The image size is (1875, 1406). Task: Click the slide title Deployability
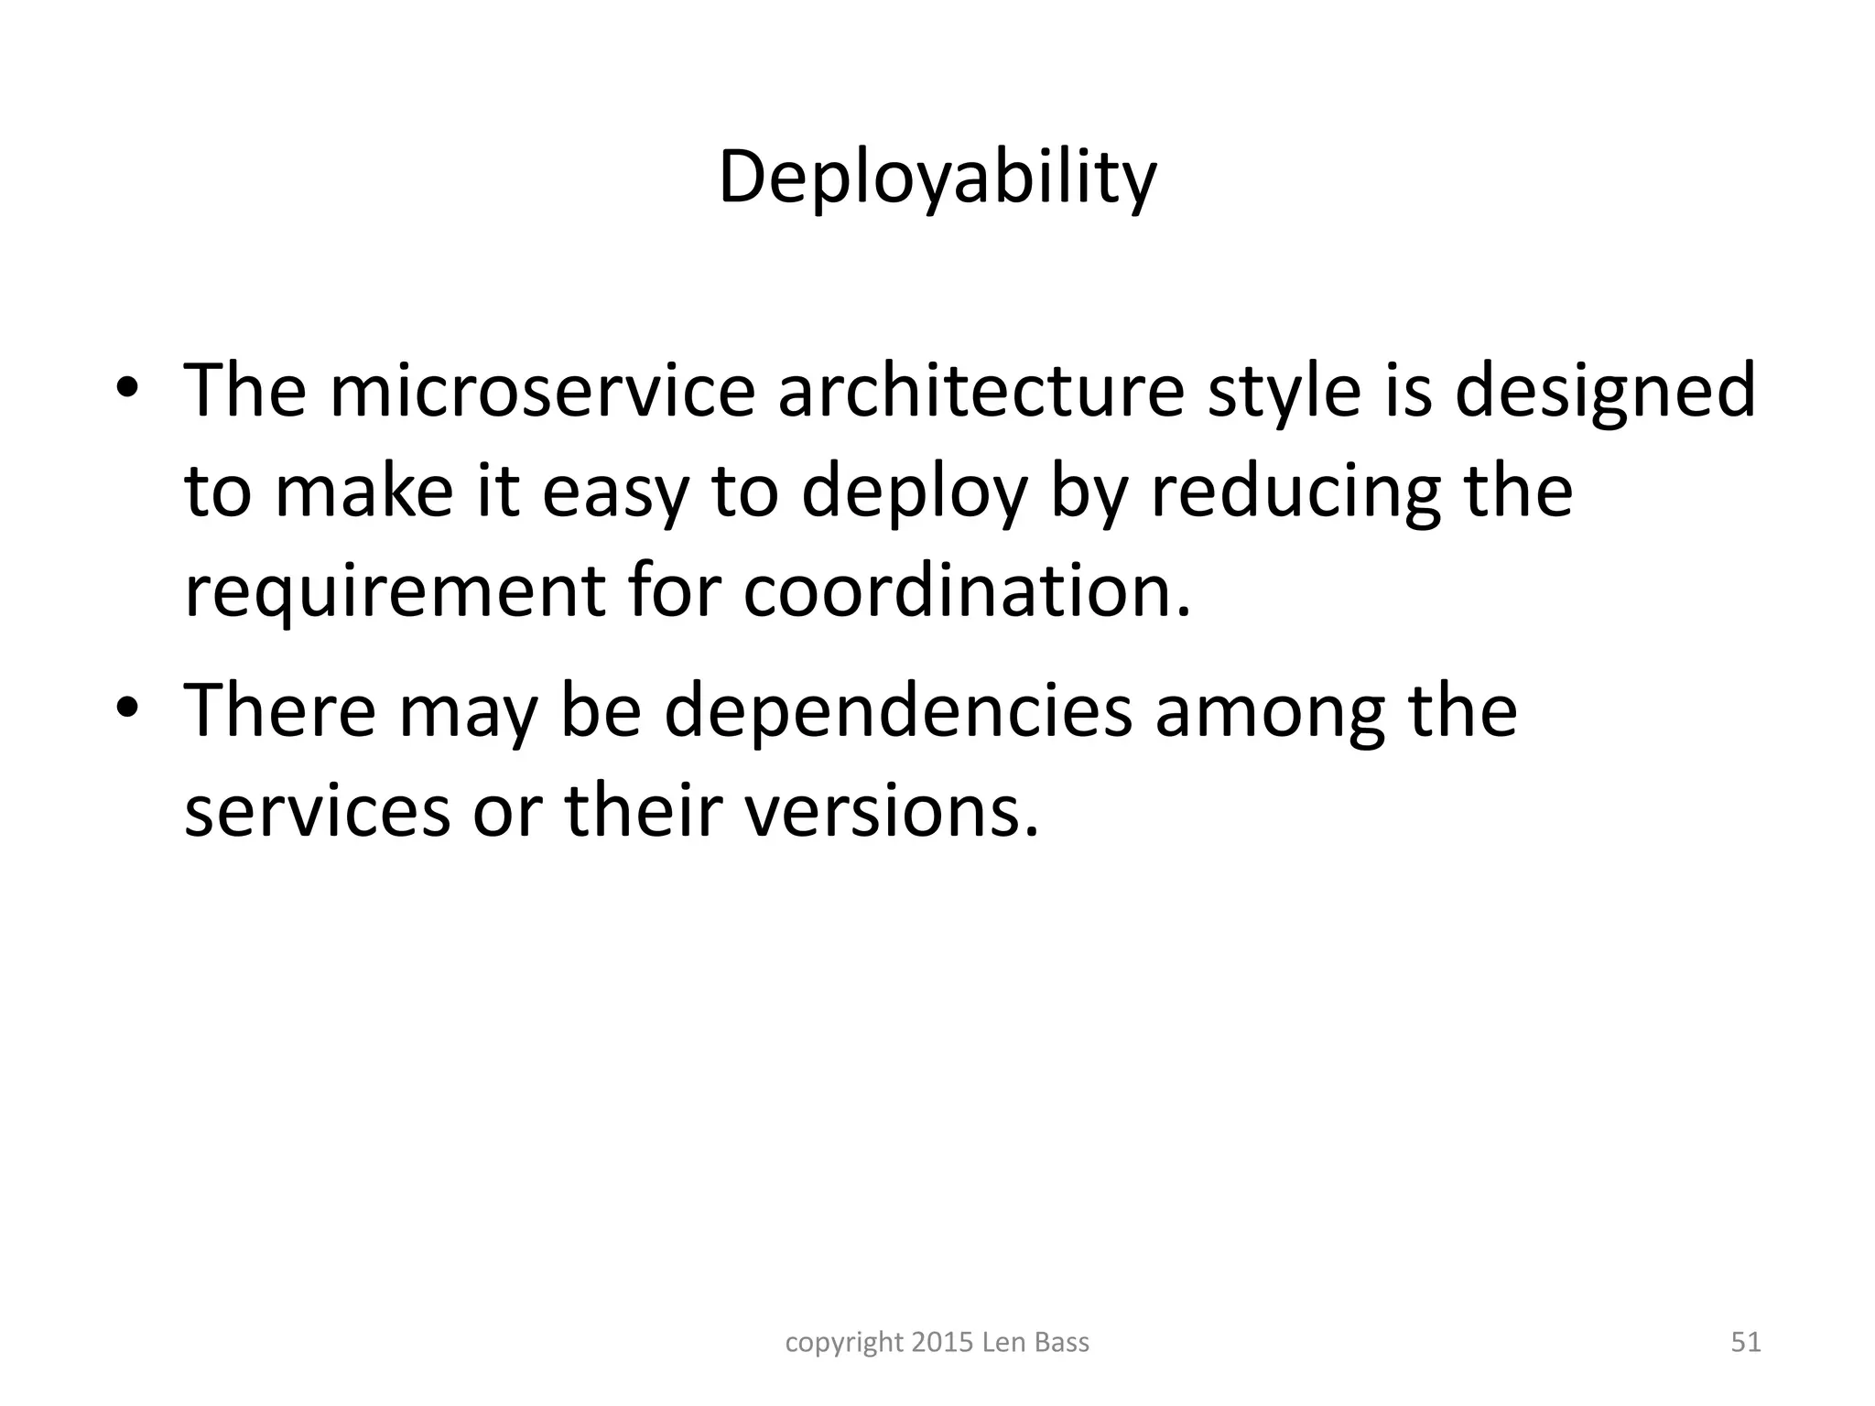[937, 179]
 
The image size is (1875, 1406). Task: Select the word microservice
[542, 392]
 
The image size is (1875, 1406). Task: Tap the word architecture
[981, 392]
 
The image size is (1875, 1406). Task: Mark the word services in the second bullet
[318, 813]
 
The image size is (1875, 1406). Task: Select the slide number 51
[1746, 1343]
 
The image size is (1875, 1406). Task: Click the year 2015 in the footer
[943, 1343]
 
